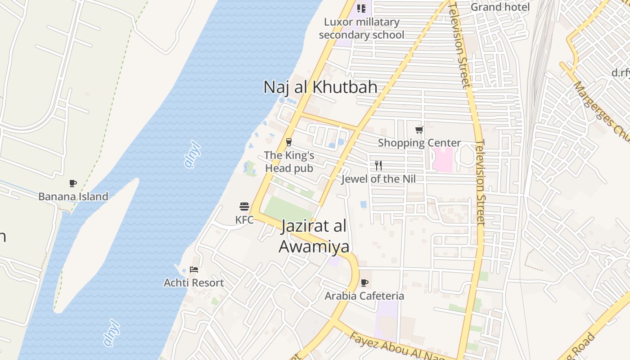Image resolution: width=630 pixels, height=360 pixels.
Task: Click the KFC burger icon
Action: coord(244,207)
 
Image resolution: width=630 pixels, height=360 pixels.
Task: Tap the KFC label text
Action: coord(244,220)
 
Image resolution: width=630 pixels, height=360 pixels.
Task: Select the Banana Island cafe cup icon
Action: coord(73,183)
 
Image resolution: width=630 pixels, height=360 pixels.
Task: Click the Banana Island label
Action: coord(73,197)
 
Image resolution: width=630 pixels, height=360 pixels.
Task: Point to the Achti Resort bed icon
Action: coord(194,270)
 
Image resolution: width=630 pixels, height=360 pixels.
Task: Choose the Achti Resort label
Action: coord(194,283)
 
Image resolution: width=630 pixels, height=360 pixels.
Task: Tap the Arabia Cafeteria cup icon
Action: coord(364,283)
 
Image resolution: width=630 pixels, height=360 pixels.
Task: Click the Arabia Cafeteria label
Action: coord(364,296)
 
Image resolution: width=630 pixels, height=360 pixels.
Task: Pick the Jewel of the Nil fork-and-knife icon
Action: coord(378,166)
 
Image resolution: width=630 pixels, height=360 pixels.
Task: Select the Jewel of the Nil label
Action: coord(378,179)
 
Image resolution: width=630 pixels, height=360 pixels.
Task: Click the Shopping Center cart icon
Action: coord(419,130)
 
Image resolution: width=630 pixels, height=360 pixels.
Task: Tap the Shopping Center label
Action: coord(419,143)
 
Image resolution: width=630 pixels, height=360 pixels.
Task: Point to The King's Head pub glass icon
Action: coord(289,142)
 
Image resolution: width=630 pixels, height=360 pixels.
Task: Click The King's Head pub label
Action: coord(289,162)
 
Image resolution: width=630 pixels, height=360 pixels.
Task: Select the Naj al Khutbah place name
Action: coord(320,87)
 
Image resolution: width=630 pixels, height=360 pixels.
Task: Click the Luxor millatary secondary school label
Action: coord(361,28)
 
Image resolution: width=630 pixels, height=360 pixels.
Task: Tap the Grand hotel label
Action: coord(500,7)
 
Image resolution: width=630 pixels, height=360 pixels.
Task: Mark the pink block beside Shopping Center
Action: coord(442,160)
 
